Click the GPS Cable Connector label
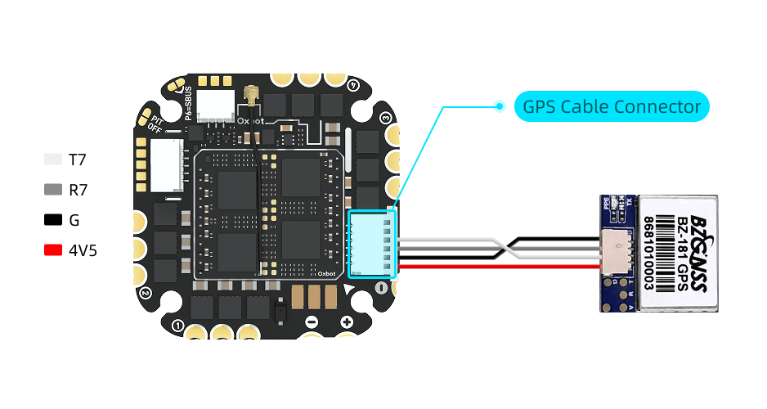[611, 106]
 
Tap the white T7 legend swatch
[53, 160]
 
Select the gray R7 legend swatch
[53, 190]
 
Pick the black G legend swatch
[53, 220]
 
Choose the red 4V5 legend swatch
[53, 250]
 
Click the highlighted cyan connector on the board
[372, 243]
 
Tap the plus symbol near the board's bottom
[346, 321]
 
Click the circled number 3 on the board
[385, 117]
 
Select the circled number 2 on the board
[145, 292]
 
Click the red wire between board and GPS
[491, 265]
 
